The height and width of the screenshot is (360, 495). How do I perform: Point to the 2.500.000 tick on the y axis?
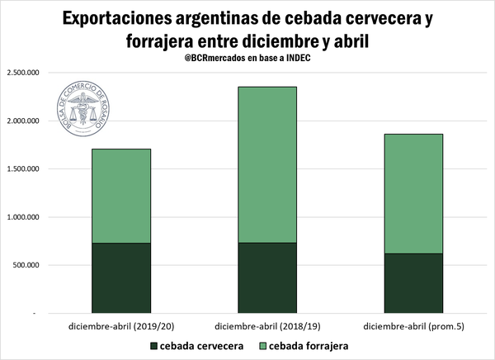[x=23, y=73]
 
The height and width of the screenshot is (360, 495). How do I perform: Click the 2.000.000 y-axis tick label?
[x=23, y=121]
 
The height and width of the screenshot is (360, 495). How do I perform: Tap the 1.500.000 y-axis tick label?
[x=23, y=169]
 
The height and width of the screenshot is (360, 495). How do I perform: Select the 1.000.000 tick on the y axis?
[x=23, y=217]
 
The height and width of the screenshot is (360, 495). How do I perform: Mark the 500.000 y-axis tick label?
[x=26, y=266]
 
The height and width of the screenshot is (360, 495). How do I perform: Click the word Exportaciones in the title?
[x=122, y=18]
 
